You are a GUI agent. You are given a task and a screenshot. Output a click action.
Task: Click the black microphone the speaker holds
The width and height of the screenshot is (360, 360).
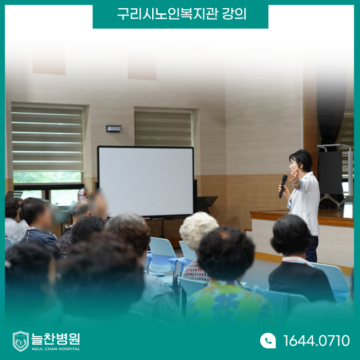pyautogui.click(x=283, y=186)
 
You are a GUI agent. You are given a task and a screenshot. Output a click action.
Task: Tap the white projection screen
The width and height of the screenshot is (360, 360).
pyautogui.click(x=146, y=182)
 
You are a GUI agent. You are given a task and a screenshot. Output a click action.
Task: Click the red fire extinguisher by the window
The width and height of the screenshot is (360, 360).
pyautogui.click(x=82, y=194)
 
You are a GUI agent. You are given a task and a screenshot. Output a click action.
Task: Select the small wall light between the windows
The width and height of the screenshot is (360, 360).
pyautogui.click(x=114, y=129)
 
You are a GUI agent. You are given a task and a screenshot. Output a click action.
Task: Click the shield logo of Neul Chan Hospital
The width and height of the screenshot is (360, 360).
pyautogui.click(x=21, y=341)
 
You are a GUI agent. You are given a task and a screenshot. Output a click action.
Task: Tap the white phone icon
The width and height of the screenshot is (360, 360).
pyautogui.click(x=268, y=340)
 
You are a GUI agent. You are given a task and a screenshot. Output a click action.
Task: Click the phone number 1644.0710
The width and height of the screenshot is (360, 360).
pyautogui.click(x=316, y=340)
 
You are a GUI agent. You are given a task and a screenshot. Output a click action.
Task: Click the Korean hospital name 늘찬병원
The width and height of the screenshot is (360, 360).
pyautogui.click(x=56, y=339)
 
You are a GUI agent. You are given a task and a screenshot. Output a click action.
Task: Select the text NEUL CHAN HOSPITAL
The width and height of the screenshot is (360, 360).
pyautogui.click(x=56, y=349)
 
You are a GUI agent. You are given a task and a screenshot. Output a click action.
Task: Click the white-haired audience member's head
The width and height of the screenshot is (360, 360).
pyautogui.click(x=199, y=230)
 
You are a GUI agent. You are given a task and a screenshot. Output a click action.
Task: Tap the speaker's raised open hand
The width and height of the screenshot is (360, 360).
pyautogui.click(x=294, y=176)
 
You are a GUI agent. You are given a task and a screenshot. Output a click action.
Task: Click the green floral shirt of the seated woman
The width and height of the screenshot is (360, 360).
pyautogui.click(x=229, y=301)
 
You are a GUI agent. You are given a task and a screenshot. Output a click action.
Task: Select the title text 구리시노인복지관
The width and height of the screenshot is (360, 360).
pyautogui.click(x=167, y=14)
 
